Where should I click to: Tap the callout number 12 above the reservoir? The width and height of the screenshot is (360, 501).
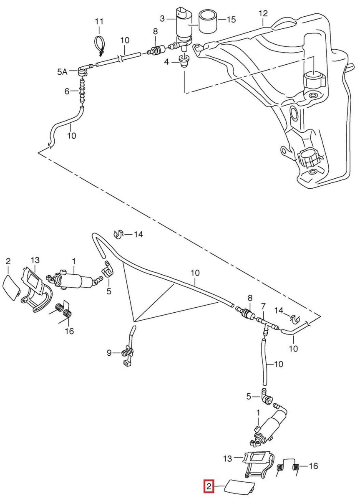tap(263, 14)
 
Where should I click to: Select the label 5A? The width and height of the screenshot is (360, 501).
tap(62, 72)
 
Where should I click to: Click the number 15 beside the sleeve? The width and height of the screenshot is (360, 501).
tap(231, 20)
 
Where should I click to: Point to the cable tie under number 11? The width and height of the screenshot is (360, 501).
tap(99, 46)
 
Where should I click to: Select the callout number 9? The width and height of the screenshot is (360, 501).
tap(109, 353)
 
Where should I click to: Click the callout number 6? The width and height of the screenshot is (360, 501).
tap(67, 91)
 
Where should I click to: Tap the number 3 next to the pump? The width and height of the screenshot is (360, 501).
tap(162, 18)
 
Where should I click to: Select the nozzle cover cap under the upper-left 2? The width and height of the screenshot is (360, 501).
tap(11, 288)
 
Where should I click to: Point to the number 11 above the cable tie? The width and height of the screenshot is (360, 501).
tap(99, 21)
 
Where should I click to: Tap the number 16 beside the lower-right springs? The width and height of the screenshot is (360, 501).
tap(313, 466)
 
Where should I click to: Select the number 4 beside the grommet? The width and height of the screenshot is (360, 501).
tap(166, 62)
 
